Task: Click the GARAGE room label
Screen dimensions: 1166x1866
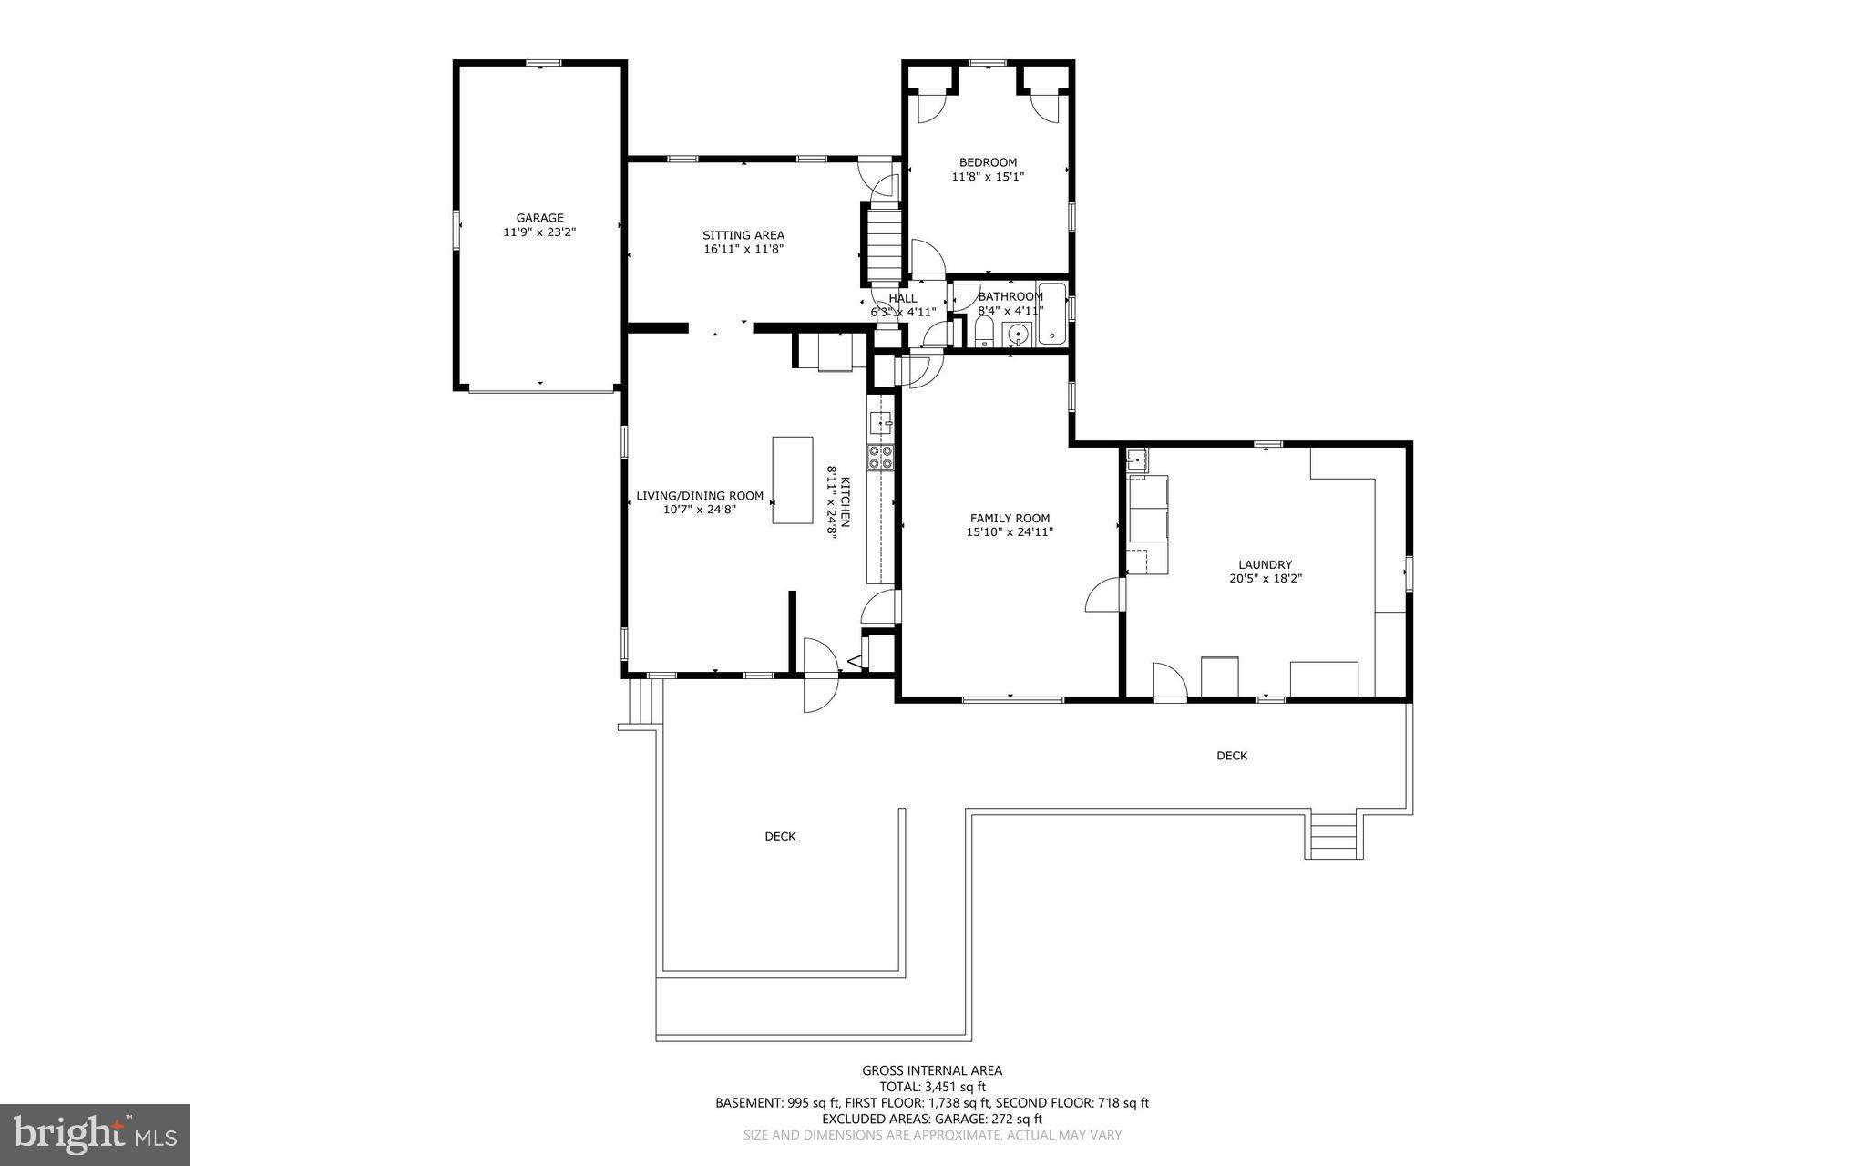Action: [539, 218]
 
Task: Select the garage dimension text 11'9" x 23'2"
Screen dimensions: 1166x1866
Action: [539, 232]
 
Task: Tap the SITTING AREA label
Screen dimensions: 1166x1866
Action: [743, 235]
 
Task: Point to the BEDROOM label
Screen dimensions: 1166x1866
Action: [988, 162]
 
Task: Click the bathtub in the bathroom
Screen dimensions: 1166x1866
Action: [1051, 315]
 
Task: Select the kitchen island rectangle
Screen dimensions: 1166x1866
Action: [793, 480]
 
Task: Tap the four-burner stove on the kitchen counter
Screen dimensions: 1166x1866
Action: [881, 457]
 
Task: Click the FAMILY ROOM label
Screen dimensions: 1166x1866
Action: [1010, 518]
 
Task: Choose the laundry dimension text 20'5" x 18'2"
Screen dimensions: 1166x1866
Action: [1265, 578]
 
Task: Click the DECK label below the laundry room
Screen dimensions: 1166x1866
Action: [1232, 756]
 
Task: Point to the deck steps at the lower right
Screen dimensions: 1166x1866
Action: [1334, 835]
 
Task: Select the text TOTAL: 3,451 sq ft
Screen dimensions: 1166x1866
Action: [932, 1087]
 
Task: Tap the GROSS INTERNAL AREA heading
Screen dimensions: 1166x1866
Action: [932, 1071]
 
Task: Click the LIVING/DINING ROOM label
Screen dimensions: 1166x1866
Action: [700, 496]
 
